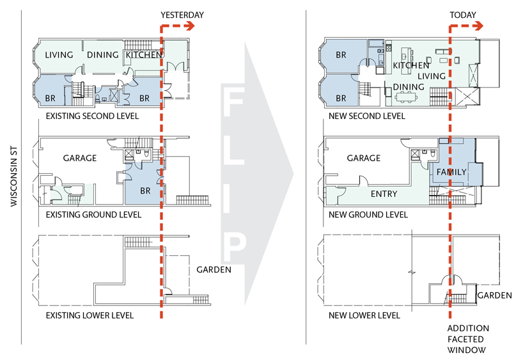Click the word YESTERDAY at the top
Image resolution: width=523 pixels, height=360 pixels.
(182, 15)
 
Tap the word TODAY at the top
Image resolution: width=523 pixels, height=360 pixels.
(463, 15)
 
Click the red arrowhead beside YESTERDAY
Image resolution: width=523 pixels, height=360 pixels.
(190, 26)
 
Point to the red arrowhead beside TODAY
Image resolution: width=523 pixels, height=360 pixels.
(478, 26)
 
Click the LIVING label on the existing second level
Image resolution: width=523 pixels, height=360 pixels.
(59, 55)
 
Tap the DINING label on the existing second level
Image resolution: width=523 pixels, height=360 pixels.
(103, 55)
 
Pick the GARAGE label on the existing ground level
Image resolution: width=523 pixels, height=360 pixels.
(80, 158)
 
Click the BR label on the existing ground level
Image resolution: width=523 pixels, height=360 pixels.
(145, 191)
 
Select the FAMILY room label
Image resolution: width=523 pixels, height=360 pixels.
(451, 172)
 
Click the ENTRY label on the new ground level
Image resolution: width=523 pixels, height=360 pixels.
(384, 194)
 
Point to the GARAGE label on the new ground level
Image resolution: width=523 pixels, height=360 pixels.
(364, 158)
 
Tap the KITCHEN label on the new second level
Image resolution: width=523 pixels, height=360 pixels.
(411, 65)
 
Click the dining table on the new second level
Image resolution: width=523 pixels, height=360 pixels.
(406, 97)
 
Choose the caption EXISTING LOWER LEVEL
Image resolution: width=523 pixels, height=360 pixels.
(90, 315)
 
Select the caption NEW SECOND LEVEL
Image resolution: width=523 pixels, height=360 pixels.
(367, 116)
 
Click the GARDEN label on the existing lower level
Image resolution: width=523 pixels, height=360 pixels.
(214, 270)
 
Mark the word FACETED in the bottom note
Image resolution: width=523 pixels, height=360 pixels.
(465, 340)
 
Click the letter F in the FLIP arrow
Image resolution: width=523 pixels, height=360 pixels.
(233, 102)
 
